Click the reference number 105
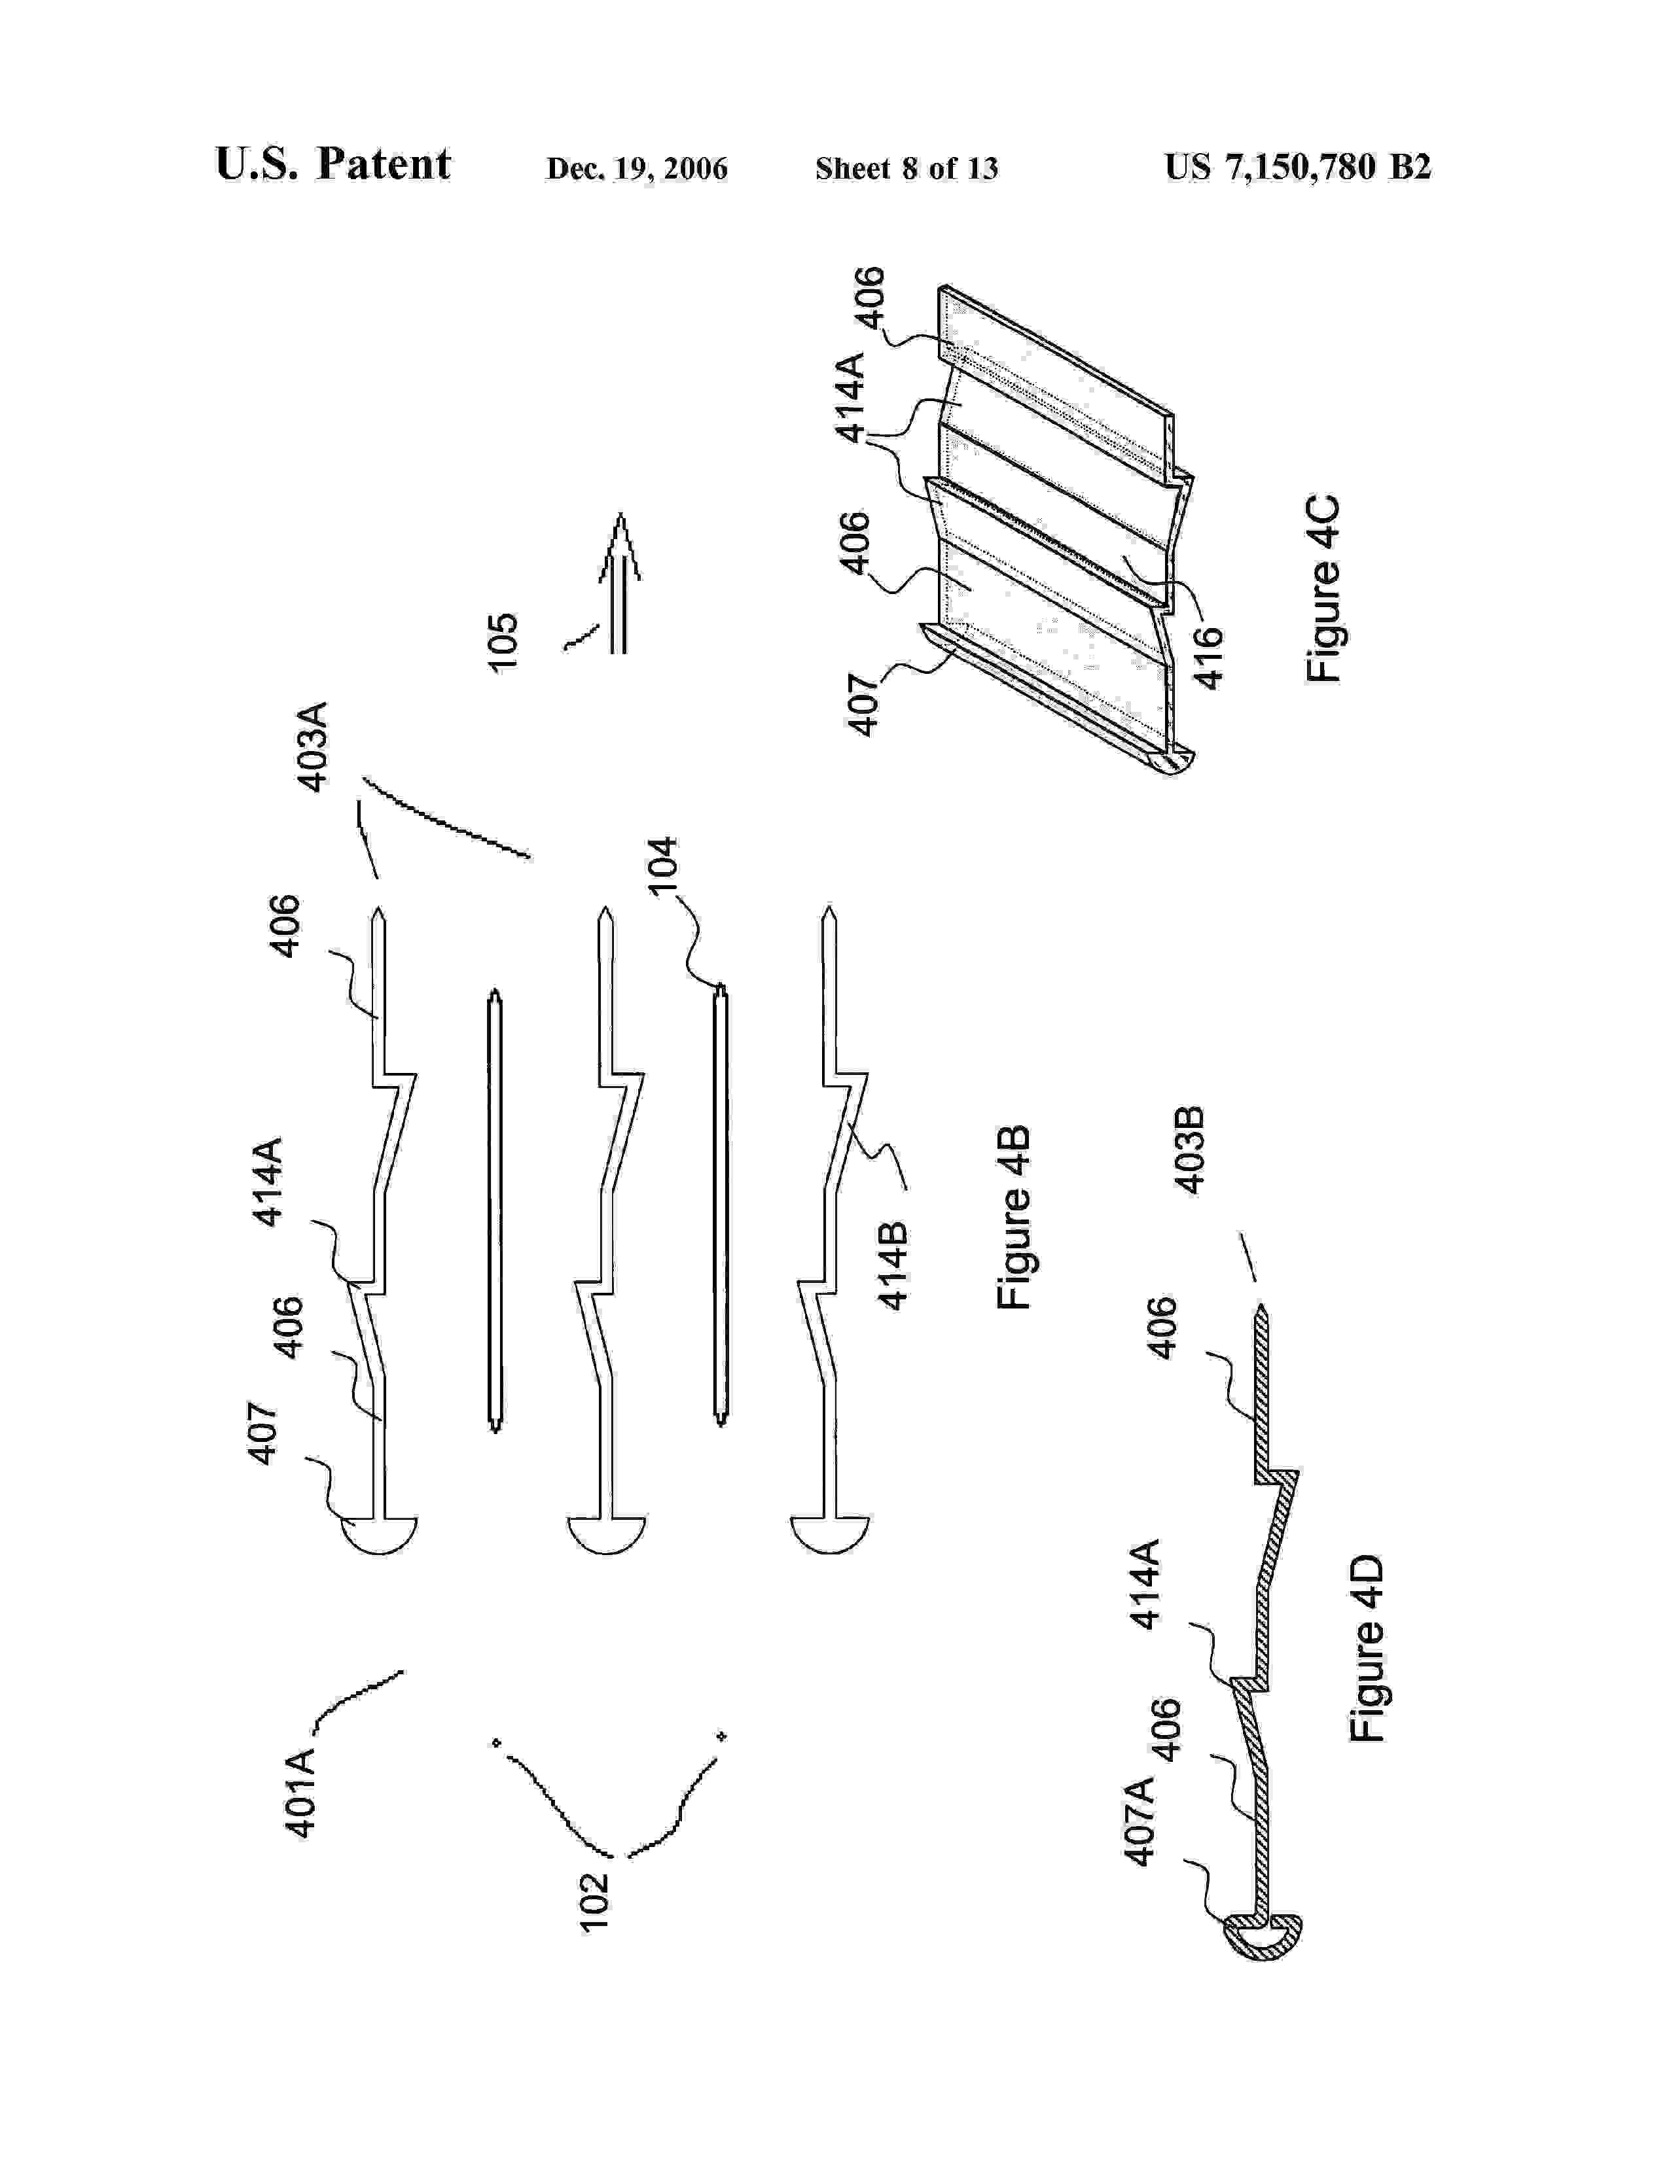click(503, 642)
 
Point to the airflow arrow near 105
click(620, 583)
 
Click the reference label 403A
click(312, 747)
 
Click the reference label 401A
click(300, 1792)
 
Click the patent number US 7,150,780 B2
click(1297, 167)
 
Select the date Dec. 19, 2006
click(637, 169)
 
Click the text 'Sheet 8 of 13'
click(906, 169)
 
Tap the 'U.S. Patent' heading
click(332, 164)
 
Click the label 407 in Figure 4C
click(863, 705)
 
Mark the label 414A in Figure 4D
click(1145, 1584)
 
